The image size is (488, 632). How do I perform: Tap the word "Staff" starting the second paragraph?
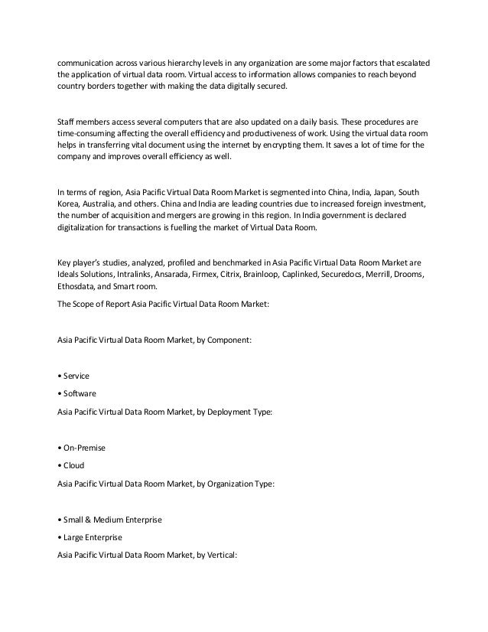[69, 122]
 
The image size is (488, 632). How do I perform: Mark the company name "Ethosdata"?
[79, 285]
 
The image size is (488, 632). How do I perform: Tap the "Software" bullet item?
[80, 393]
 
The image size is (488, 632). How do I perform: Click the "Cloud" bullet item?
[74, 465]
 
